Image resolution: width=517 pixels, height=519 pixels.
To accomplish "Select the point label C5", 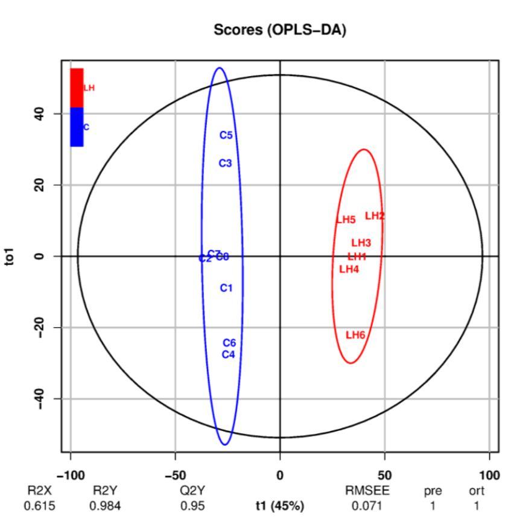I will point(226,135).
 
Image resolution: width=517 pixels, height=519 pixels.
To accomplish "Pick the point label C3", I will point(225,163).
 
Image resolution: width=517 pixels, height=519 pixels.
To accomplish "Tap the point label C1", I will point(226,288).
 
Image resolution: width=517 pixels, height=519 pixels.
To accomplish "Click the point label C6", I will point(229,343).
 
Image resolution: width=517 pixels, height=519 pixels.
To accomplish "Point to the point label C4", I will point(228,354).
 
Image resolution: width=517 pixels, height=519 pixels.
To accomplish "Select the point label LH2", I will point(375,215).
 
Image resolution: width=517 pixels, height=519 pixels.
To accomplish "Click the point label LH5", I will point(346,220).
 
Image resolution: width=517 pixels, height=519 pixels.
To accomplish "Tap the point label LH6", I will point(355,335).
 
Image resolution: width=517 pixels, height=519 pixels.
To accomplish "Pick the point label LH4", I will point(349,269).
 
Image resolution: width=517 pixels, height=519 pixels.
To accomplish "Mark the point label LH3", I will point(361,243).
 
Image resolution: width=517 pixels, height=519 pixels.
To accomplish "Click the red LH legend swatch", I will point(77,88).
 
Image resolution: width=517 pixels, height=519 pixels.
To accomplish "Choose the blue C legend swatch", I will point(77,127).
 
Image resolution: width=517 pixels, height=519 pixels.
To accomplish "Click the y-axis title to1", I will point(14,256).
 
